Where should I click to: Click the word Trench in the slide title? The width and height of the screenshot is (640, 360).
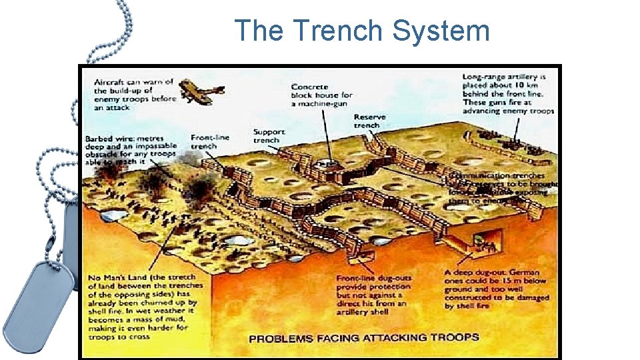click(338, 31)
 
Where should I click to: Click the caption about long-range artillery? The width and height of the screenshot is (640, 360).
click(508, 94)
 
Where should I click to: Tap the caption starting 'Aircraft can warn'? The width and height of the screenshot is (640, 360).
click(134, 94)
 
